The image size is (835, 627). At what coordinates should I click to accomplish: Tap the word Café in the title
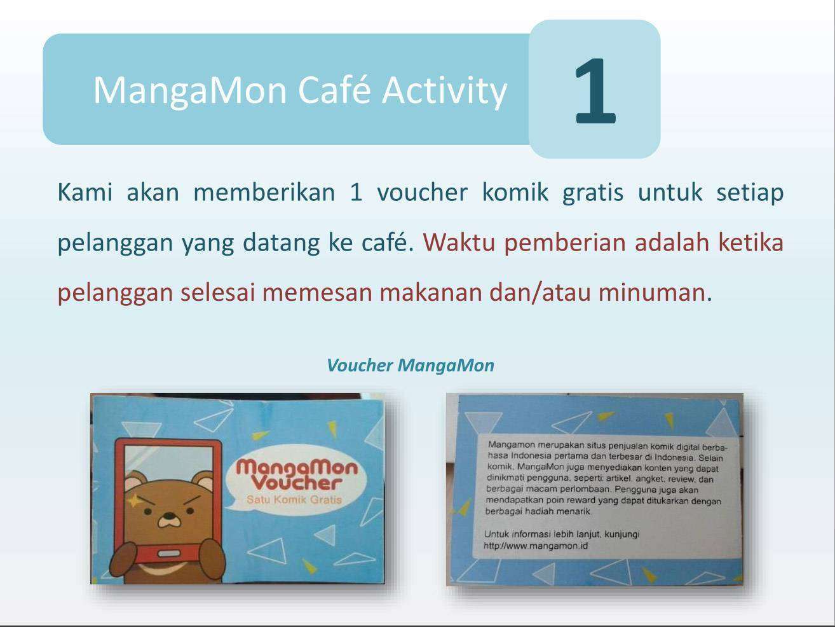point(334,90)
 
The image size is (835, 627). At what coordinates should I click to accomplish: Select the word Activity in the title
point(444,92)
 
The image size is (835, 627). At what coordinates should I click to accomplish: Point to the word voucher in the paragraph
point(422,192)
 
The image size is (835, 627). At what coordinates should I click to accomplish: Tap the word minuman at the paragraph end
point(652,293)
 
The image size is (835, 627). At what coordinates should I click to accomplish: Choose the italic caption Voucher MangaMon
point(411,365)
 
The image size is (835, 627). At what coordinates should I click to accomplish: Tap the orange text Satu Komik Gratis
point(294,499)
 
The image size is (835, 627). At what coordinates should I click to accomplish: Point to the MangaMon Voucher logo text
point(297,475)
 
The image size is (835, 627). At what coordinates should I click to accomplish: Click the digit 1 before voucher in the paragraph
point(356,192)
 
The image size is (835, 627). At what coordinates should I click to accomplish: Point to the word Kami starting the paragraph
point(85,192)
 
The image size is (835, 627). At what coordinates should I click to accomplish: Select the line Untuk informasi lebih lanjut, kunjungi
point(562,534)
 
